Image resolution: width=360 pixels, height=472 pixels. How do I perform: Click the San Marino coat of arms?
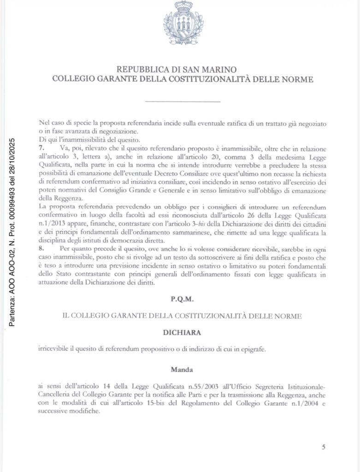click(x=183, y=23)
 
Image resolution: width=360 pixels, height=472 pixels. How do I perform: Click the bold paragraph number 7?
click(x=42, y=148)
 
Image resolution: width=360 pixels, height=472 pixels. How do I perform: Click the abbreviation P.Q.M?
click(x=182, y=299)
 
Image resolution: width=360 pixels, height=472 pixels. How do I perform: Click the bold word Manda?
click(x=182, y=369)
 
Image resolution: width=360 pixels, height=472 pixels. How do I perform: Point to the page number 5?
click(x=324, y=447)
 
